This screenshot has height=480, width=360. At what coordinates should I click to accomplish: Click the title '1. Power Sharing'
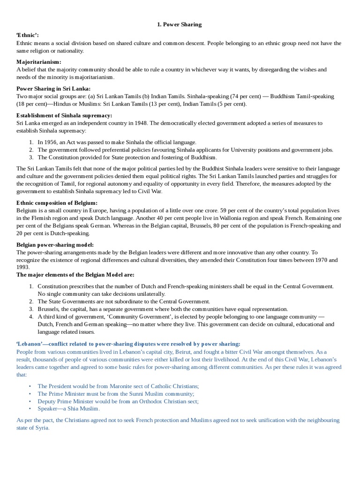180,24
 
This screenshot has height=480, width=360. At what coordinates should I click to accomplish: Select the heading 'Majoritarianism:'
39,62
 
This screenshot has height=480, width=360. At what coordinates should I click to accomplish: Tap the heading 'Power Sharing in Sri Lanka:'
54,89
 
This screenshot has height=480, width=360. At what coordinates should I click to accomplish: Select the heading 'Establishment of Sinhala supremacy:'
64,115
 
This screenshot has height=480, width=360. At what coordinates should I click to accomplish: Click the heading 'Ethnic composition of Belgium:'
57,203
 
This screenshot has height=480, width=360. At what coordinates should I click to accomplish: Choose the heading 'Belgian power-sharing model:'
55,245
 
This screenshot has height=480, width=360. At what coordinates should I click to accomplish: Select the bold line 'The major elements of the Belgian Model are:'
75,275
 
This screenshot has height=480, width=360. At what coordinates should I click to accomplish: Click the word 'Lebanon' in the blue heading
30,344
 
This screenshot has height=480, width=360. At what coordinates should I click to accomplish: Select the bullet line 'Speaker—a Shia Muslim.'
68,408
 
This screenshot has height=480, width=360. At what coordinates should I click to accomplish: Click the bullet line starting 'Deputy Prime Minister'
118,401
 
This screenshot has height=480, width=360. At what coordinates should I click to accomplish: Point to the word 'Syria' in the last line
41,428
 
